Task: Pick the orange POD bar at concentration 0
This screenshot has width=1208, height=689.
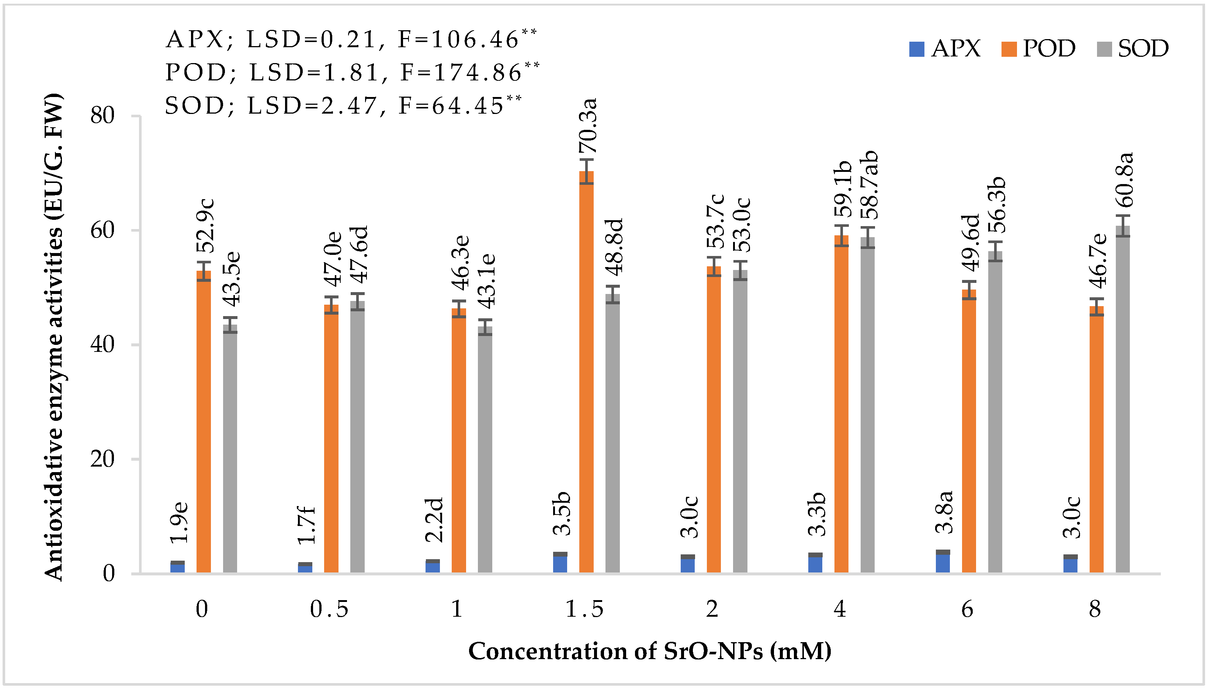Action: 204,421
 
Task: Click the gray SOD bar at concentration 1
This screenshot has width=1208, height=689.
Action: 485,450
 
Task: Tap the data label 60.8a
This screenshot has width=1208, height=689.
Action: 1125,180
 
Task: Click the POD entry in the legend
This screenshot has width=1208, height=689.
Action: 1038,49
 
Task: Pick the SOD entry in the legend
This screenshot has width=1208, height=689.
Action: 1132,49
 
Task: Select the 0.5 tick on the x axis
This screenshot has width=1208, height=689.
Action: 329,609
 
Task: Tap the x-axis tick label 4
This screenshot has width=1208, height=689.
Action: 840,609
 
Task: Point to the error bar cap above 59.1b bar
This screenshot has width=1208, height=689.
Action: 841,226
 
